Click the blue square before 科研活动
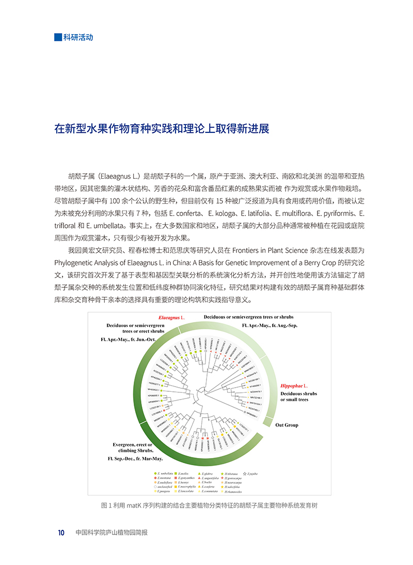58,37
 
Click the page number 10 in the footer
60,533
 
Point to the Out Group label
287,425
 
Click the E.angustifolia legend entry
211,478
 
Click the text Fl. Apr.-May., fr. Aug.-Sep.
269,326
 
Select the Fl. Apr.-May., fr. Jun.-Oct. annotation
128,339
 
